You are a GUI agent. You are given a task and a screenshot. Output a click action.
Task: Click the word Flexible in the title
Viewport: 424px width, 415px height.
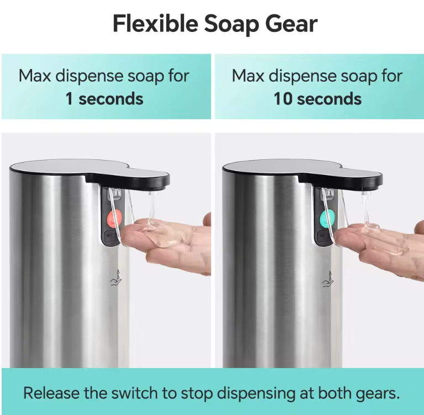pyautogui.click(x=156, y=24)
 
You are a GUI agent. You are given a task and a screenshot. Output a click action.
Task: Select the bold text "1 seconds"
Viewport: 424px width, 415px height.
pyautogui.click(x=104, y=99)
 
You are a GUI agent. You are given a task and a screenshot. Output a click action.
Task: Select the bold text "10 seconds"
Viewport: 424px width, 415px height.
pyautogui.click(x=317, y=99)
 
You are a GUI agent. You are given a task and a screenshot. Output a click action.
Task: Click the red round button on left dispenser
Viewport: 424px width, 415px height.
pyautogui.click(x=115, y=218)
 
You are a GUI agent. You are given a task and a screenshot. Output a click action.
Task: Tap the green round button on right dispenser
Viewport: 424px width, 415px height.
pyautogui.click(x=327, y=218)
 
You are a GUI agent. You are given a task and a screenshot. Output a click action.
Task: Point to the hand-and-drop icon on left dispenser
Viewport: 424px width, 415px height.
pyautogui.click(x=116, y=278)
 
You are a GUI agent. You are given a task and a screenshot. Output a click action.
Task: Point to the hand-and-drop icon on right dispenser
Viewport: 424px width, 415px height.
pyautogui.click(x=328, y=279)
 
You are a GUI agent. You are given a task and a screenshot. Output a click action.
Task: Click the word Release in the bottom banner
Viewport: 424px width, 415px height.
pyautogui.click(x=51, y=393)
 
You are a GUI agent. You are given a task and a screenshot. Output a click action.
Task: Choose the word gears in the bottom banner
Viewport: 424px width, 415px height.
pyautogui.click(x=378, y=394)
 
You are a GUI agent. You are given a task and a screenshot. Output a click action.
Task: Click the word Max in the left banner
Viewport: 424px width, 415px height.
pyautogui.click(x=35, y=76)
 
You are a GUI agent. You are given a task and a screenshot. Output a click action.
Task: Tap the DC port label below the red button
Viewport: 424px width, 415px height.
pyautogui.click(x=111, y=236)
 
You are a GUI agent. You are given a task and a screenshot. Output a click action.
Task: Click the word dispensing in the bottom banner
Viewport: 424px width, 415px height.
pyautogui.click(x=256, y=394)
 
